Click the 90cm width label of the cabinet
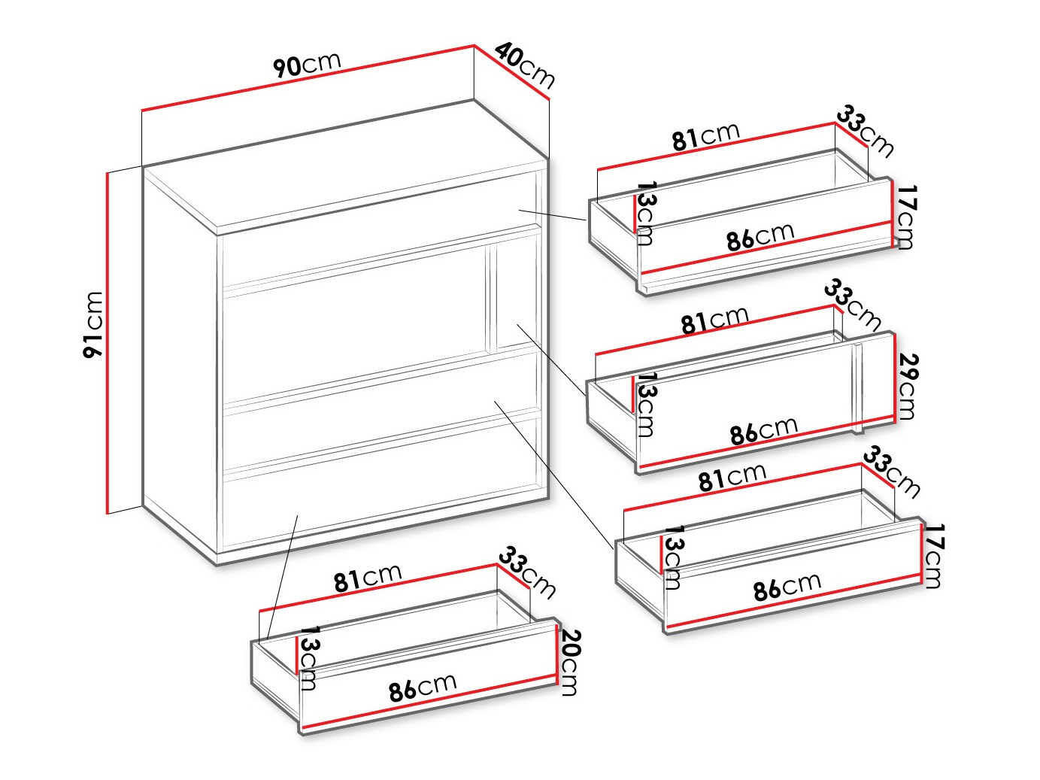coord(307,64)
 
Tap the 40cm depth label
coord(525,66)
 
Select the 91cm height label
coord(92,325)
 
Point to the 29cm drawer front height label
coord(907,386)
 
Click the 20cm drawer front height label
coord(569,662)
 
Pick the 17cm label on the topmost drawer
coord(905,217)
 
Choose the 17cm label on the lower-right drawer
coord(932,555)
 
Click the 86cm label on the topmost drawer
coord(760,235)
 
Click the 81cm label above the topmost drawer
coord(705,136)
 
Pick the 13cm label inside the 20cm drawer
coord(308,658)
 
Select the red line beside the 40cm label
coord(511,72)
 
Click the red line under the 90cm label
coord(308,78)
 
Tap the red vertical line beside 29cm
coord(895,377)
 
